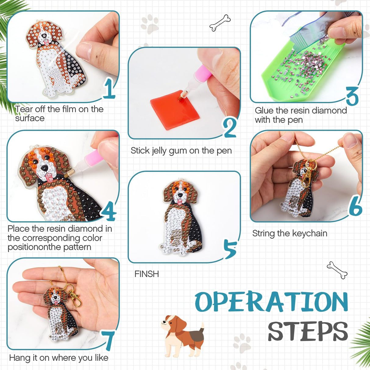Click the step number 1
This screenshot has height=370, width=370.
[x=109, y=88]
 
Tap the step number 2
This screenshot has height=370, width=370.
[x=230, y=127]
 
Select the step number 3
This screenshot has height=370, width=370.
[x=352, y=96]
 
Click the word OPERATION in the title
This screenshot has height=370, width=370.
[x=271, y=302]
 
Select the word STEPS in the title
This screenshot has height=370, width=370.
[x=308, y=331]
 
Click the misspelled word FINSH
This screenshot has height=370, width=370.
[x=147, y=274]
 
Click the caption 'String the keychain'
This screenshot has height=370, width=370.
[x=290, y=233]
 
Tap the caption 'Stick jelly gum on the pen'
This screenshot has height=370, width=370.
[x=181, y=151]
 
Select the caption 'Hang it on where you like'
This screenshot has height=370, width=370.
[x=59, y=358]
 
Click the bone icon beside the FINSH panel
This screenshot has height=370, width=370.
[x=337, y=270]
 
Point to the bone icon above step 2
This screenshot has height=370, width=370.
[x=220, y=23]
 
